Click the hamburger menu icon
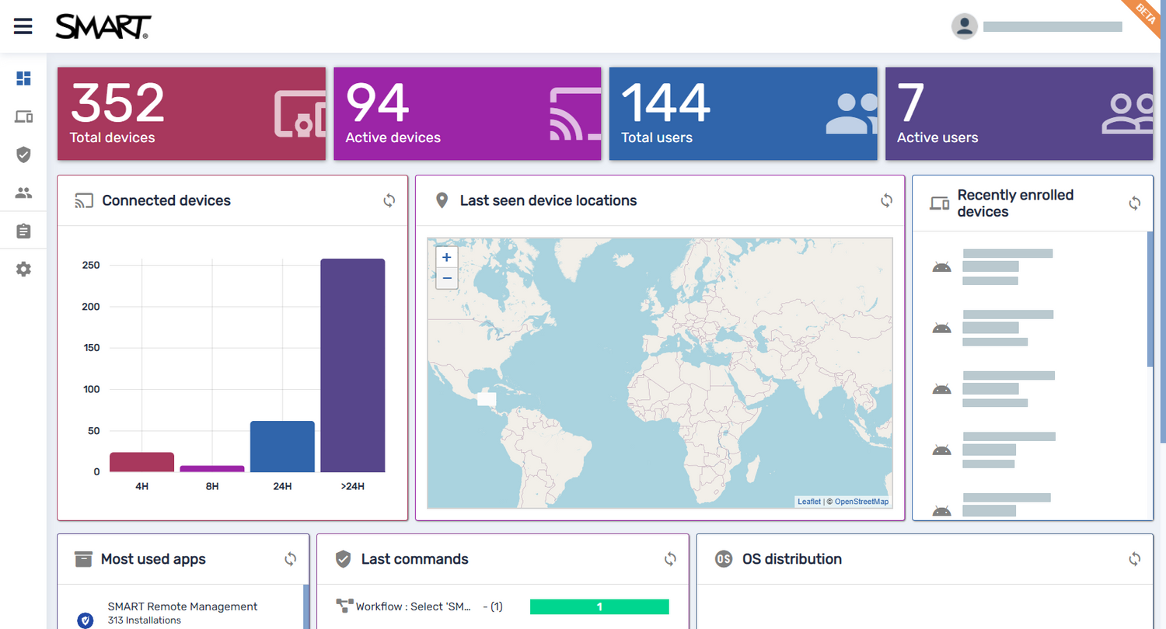(23, 26)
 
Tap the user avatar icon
(965, 26)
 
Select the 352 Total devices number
(117, 103)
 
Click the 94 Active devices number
(377, 103)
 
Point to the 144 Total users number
(665, 103)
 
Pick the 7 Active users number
(911, 103)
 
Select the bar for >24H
(353, 365)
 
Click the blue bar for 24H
(282, 447)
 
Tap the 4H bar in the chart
(141, 462)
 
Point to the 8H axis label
(212, 487)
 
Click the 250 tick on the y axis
(91, 266)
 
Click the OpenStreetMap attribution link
(861, 502)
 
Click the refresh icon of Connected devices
(389, 200)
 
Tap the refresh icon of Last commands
(670, 559)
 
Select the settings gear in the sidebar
(23, 269)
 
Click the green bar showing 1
(599, 606)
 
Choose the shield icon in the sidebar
(23, 155)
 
